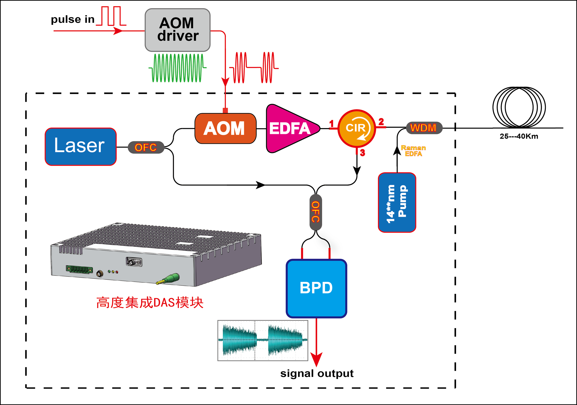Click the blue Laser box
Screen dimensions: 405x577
pos(80,147)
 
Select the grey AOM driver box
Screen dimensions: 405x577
pos(177,30)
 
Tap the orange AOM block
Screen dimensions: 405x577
pos(225,128)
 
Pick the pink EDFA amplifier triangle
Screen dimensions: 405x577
pos(290,128)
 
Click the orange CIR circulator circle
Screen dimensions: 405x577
pos(356,128)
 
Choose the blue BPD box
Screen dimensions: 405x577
pos(316,288)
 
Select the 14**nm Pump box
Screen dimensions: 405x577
pos(397,202)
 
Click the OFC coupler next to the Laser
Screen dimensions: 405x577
pos(146,147)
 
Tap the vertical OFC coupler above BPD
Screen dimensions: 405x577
pos(316,212)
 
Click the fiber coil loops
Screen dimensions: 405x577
pos(519,107)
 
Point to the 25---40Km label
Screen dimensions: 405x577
pos(519,136)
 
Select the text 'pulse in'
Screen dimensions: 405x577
pos(73,19)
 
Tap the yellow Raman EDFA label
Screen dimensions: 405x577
pos(413,151)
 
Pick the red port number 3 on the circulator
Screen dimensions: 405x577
pos(362,153)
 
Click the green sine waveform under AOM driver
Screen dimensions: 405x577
pos(177,68)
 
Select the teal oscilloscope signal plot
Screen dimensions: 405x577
pos(263,340)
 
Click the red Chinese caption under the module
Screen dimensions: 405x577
pos(150,303)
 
